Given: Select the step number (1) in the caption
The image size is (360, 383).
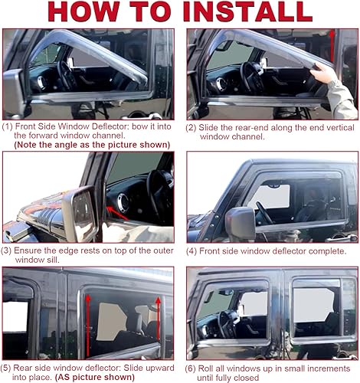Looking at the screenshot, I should [x=8, y=126].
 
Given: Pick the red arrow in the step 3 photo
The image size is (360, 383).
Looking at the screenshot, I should [x=116, y=204].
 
